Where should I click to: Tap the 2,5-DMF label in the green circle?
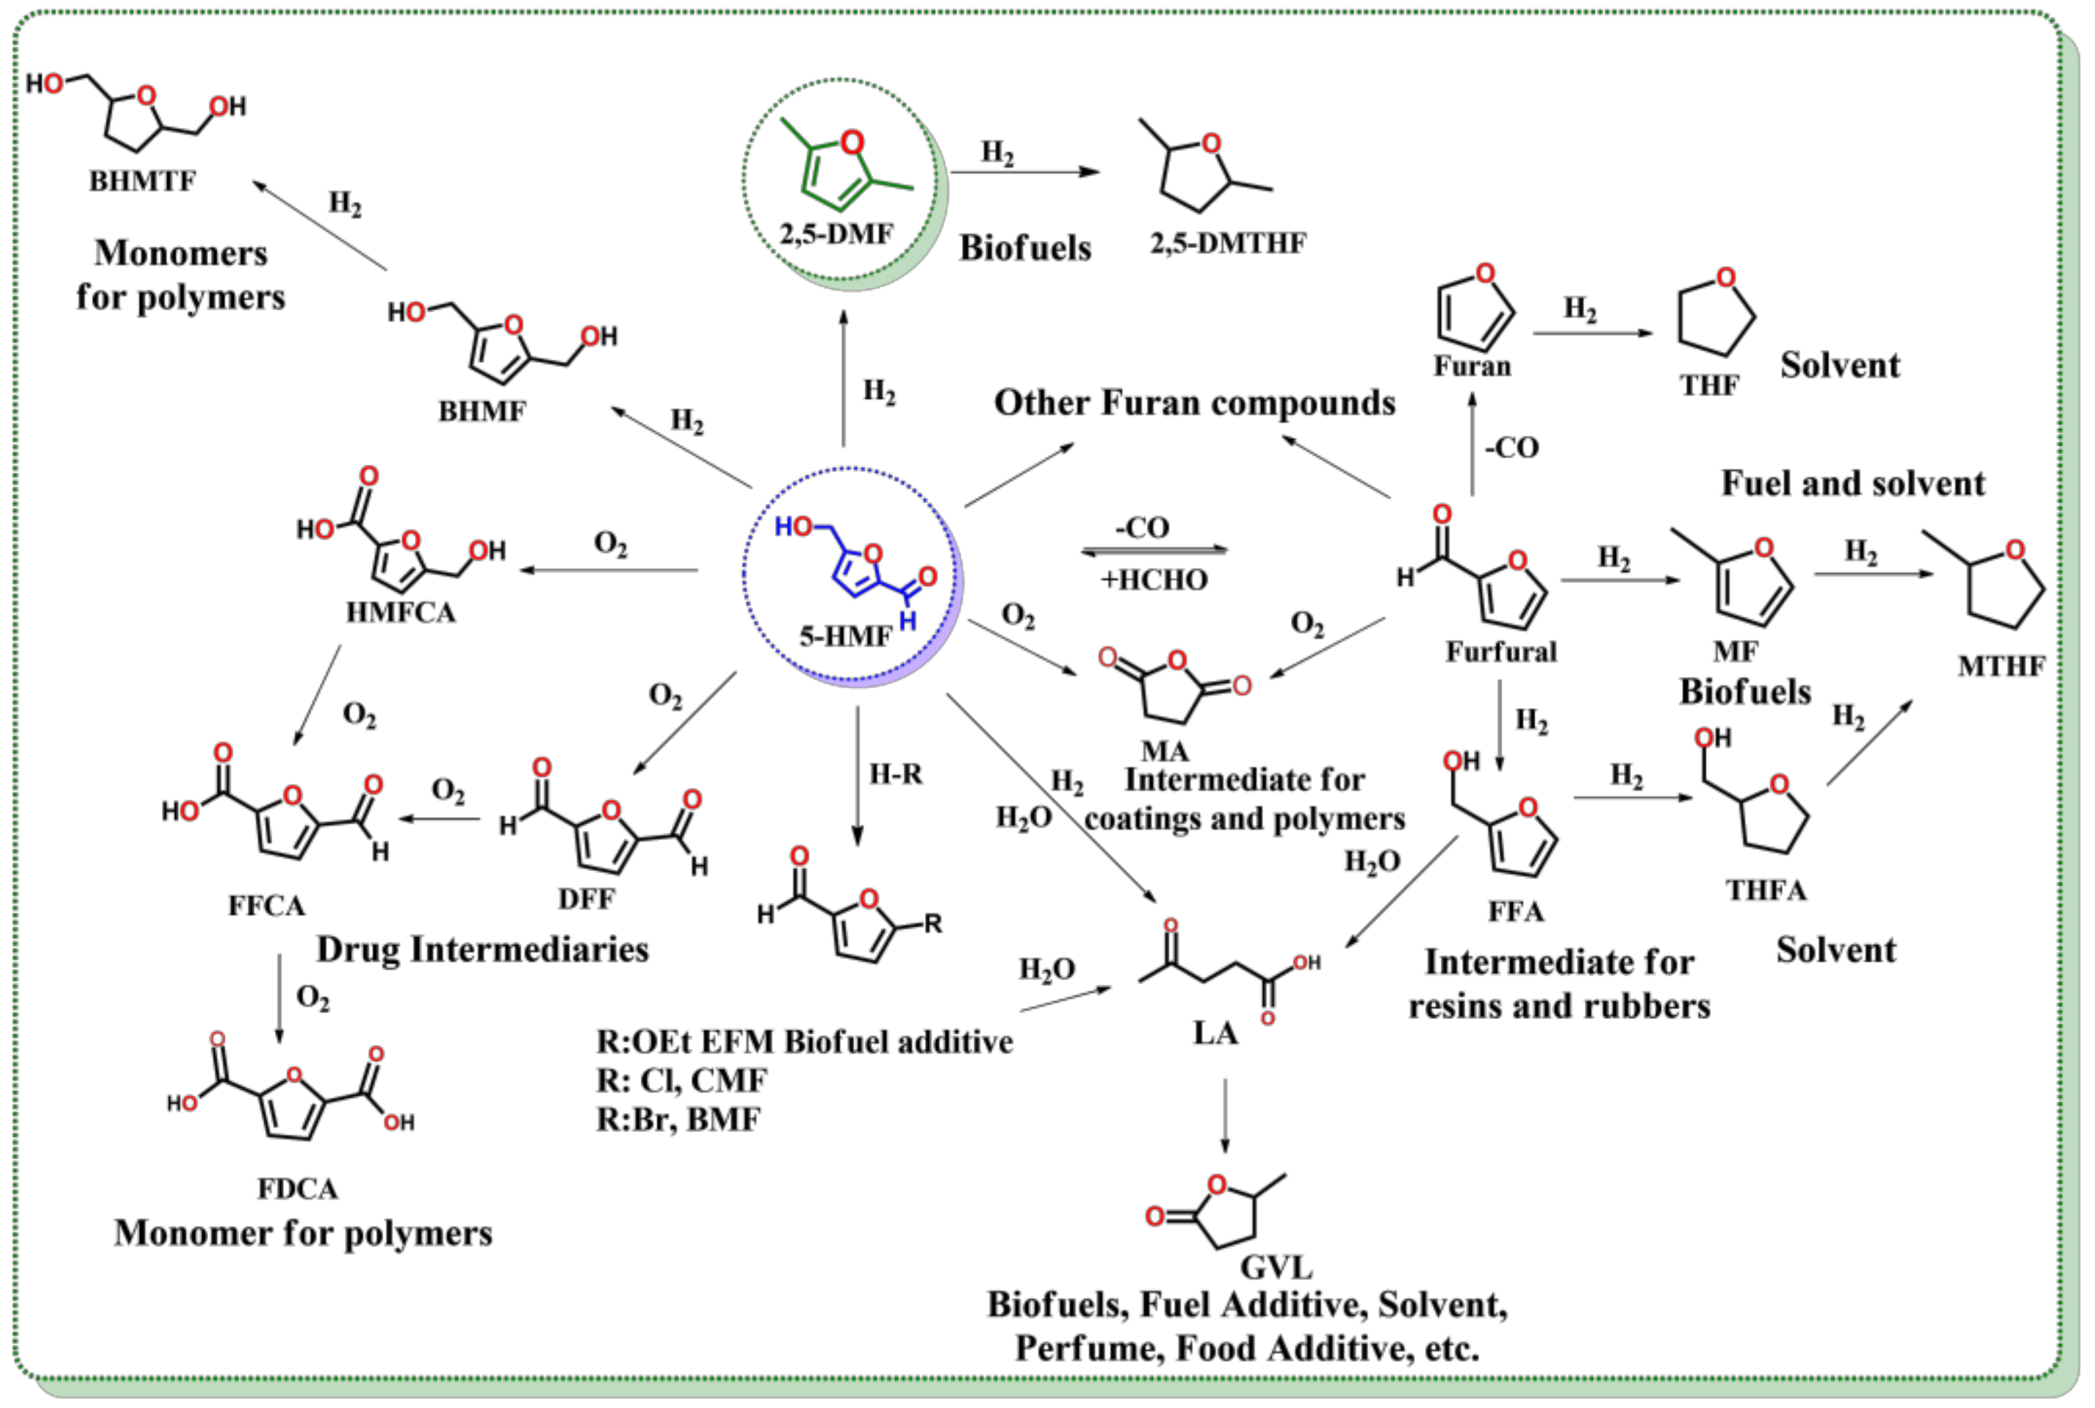point(836,235)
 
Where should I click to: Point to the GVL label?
point(1275,1267)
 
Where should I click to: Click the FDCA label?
point(298,1188)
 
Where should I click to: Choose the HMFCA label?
point(401,613)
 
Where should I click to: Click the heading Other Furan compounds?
point(1195,403)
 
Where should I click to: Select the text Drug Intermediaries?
point(482,949)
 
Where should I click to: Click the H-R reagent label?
point(895,773)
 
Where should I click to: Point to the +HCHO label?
point(1154,579)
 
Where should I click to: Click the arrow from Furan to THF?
point(1591,333)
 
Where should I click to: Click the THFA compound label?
point(1766,890)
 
